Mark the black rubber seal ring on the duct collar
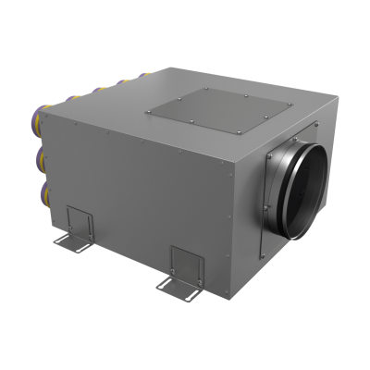[294, 185]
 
